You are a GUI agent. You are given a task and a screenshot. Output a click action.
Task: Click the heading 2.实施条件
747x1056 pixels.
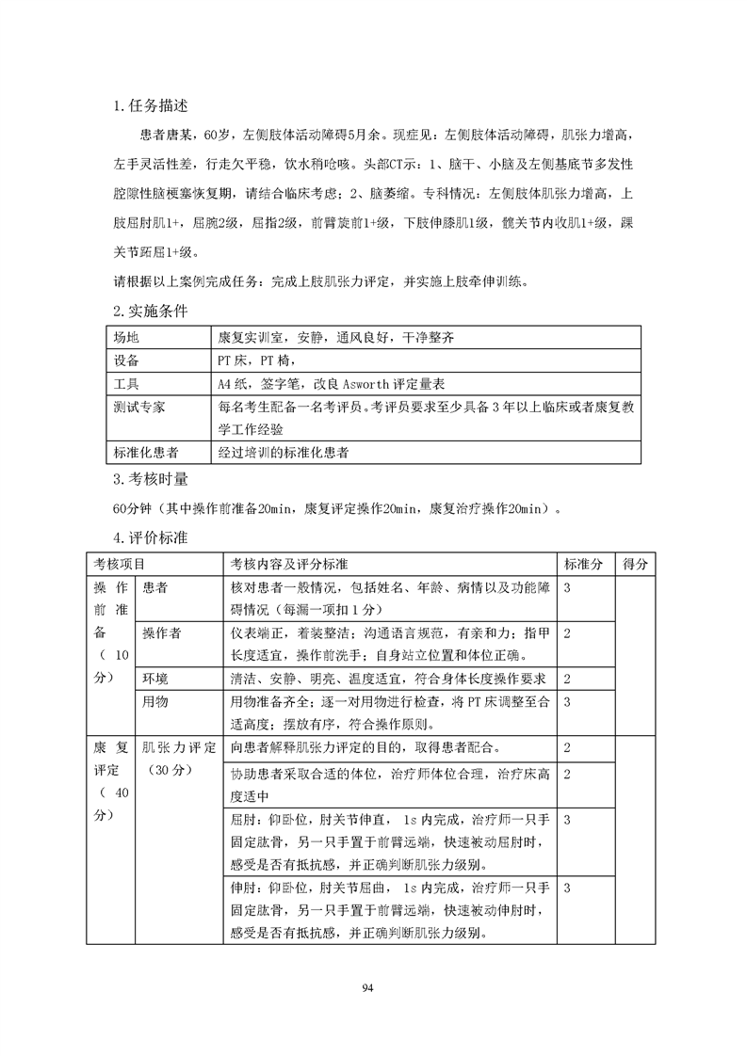click(150, 310)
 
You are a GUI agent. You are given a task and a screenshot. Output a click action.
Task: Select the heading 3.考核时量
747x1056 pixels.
click(150, 480)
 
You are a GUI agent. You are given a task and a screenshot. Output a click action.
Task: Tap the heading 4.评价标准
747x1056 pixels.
click(150, 538)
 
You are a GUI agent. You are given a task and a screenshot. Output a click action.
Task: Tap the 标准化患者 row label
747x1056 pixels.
click(146, 453)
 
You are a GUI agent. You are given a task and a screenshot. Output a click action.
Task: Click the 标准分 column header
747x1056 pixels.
click(583, 564)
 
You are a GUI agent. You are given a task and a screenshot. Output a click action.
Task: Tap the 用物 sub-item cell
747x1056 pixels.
click(155, 701)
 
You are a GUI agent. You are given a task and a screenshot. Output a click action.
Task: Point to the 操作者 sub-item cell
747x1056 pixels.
click(162, 632)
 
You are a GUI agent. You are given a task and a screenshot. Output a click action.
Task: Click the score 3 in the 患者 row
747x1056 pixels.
click(567, 586)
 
